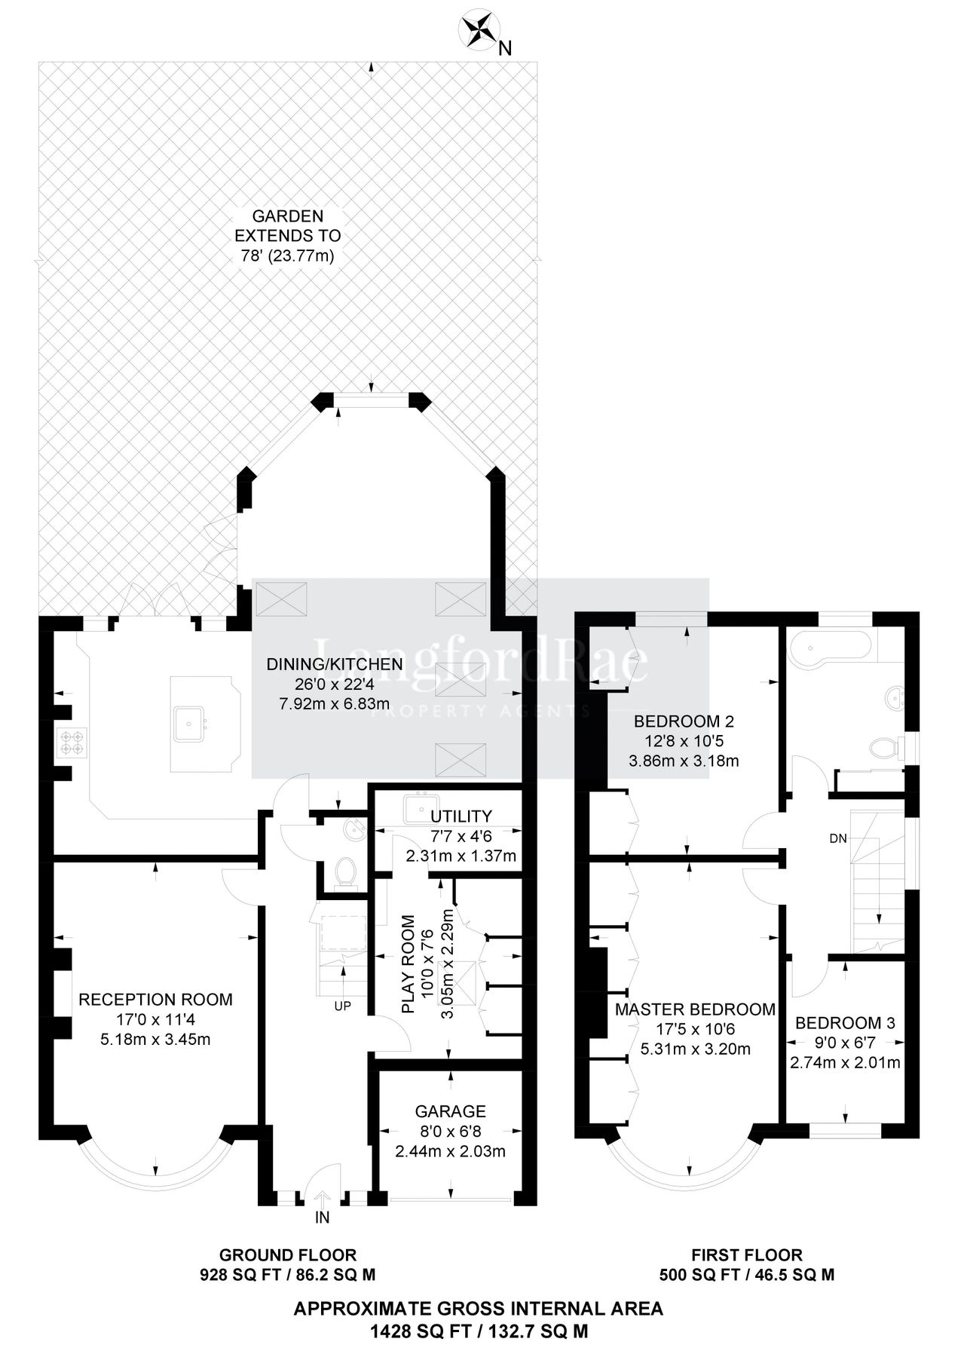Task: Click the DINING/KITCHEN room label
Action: pyautogui.click(x=334, y=664)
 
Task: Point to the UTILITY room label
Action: pyautogui.click(x=461, y=816)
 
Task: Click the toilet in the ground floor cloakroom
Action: pyautogui.click(x=344, y=873)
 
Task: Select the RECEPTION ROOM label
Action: pyautogui.click(x=155, y=1000)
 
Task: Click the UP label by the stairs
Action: pyautogui.click(x=342, y=1006)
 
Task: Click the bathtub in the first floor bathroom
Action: pyautogui.click(x=829, y=647)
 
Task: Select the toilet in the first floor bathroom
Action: pyautogui.click(x=882, y=749)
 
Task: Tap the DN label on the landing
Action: pyautogui.click(x=837, y=838)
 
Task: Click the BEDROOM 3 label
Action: pyautogui.click(x=845, y=1023)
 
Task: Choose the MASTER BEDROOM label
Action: pyautogui.click(x=695, y=1009)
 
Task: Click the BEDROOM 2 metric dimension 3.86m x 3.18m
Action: pyautogui.click(x=684, y=761)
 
